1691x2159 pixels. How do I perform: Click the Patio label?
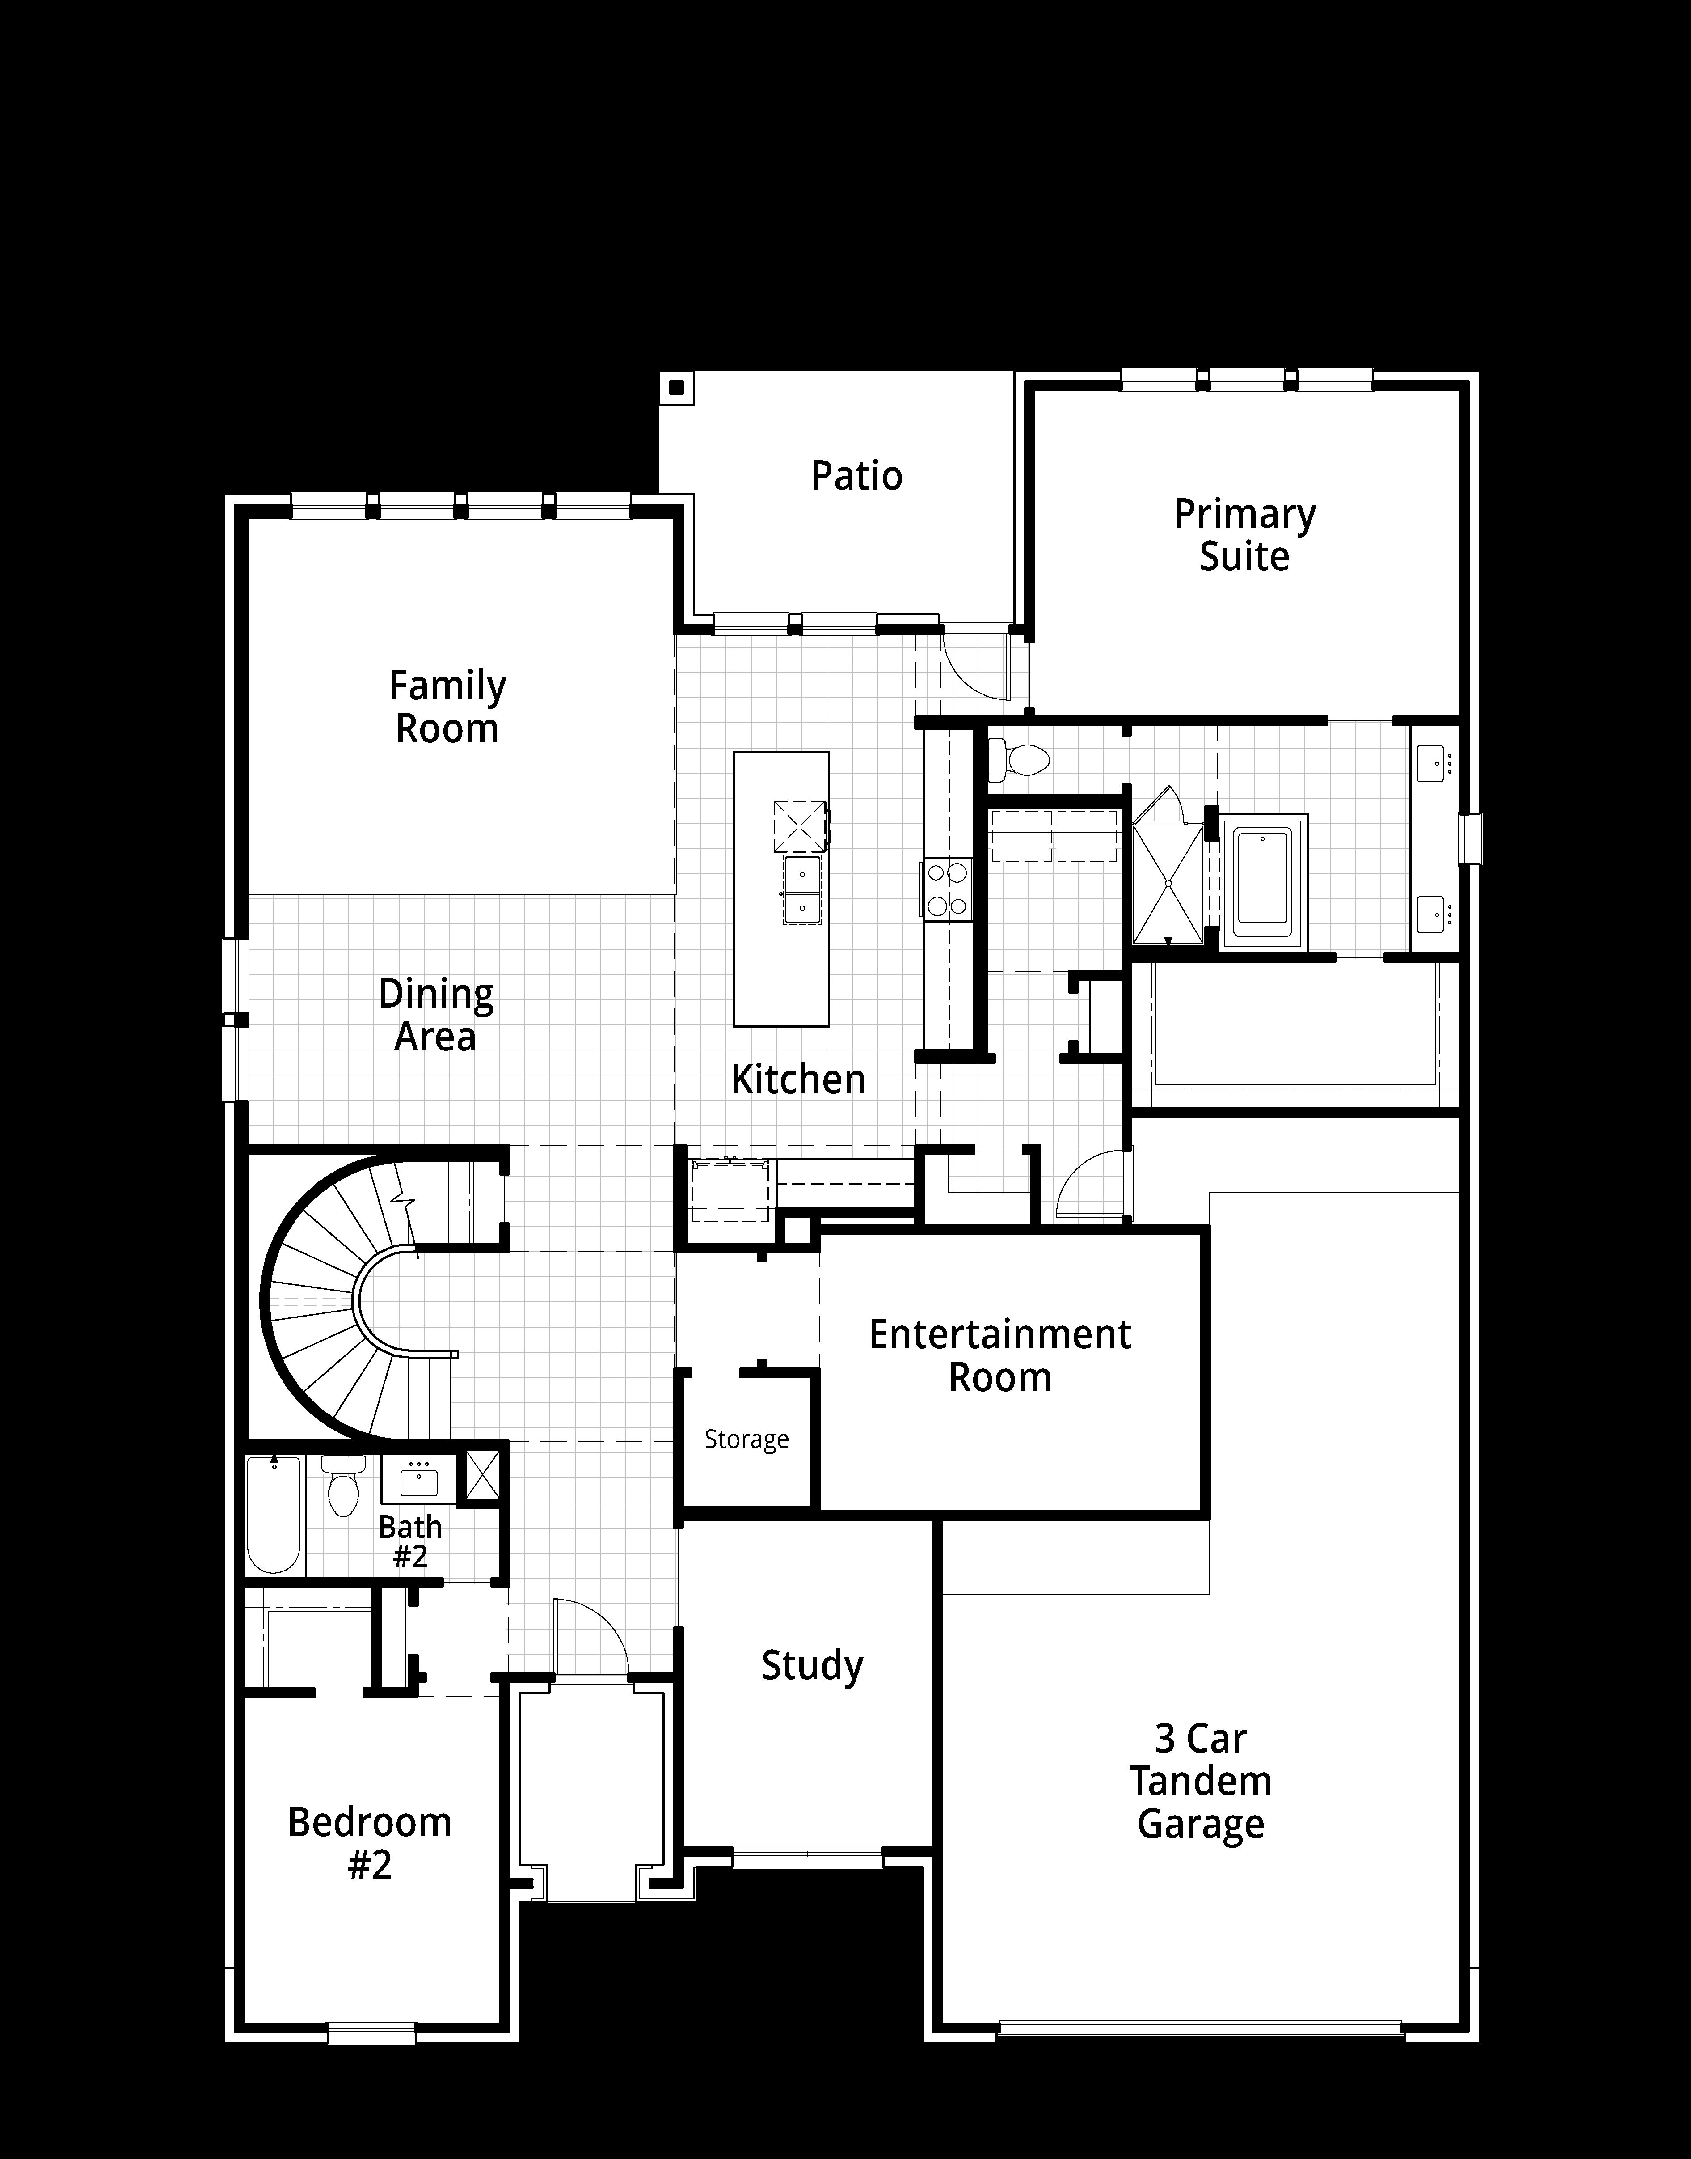[856, 476]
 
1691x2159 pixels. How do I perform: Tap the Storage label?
[746, 1439]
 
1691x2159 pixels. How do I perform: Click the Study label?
[812, 1666]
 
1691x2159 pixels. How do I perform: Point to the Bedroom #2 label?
[369, 1843]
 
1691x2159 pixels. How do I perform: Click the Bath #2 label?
[410, 1541]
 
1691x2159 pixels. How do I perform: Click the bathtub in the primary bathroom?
[1264, 878]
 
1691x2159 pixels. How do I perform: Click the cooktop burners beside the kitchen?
[948, 889]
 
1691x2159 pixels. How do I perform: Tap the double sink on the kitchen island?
[802, 890]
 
